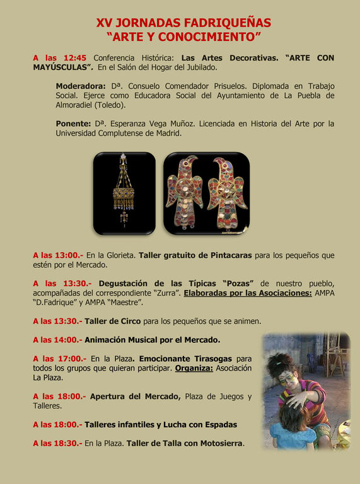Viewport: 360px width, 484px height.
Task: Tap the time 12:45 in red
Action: pyautogui.click(x=74, y=58)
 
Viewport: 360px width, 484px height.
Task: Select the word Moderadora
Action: pyautogui.click(x=80, y=86)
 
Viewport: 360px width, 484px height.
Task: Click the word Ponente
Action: pyautogui.click(x=73, y=124)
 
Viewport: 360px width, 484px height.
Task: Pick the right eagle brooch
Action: pyautogui.click(x=227, y=192)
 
